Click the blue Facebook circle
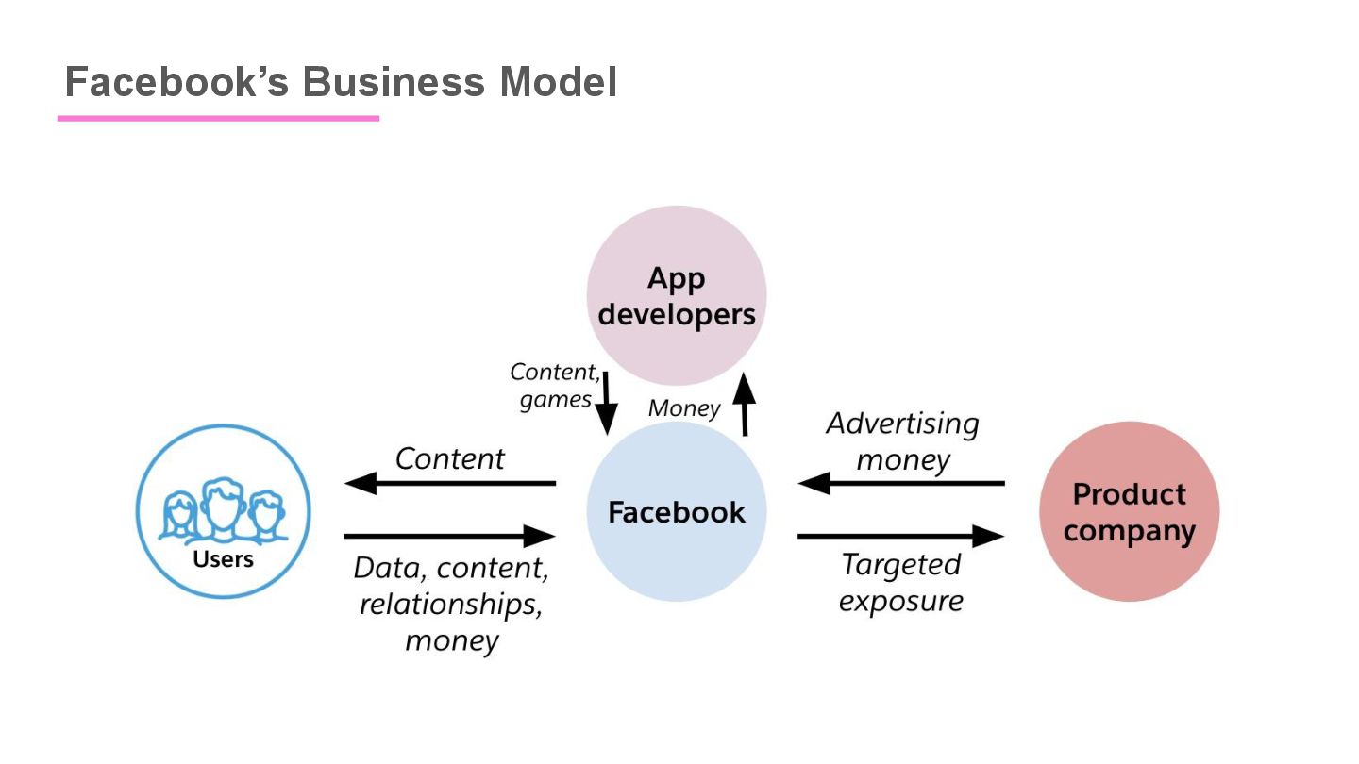[x=676, y=511]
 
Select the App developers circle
[x=676, y=295]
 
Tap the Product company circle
[x=1129, y=511]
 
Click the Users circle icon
[x=224, y=511]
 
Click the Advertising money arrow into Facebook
[x=901, y=484]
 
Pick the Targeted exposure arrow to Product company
[x=901, y=537]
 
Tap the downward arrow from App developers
[x=606, y=402]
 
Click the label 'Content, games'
[x=554, y=385]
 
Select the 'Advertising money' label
[x=902, y=441]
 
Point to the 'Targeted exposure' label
[x=900, y=582]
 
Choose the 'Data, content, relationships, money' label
[x=451, y=604]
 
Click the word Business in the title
[x=394, y=82]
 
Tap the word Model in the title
[x=559, y=82]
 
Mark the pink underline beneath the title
[x=218, y=119]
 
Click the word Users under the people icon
[x=224, y=559]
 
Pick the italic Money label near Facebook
[x=684, y=408]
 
